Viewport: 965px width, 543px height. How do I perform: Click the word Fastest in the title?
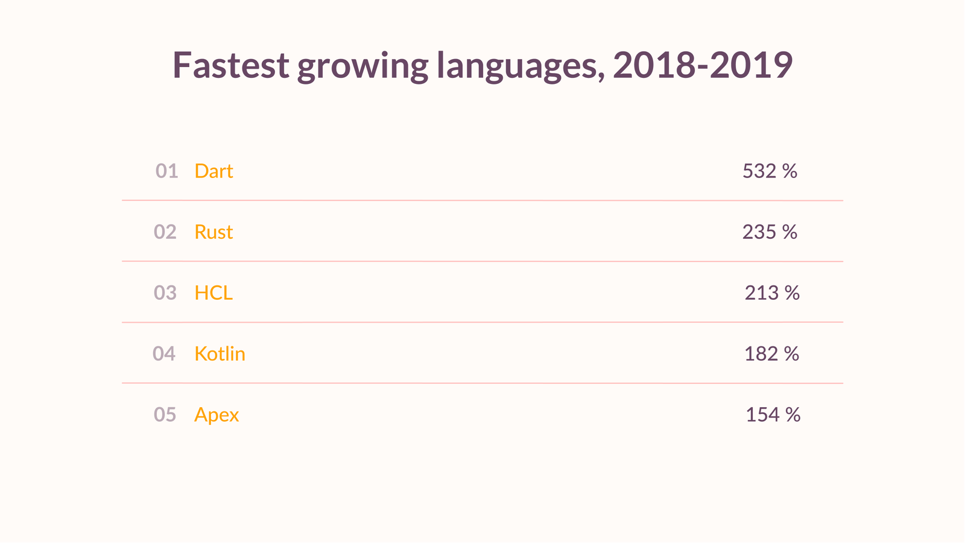pos(230,65)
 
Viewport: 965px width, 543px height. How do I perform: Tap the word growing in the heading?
pos(362,66)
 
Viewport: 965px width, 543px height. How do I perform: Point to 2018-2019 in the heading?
pos(703,65)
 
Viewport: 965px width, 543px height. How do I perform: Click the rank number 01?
pos(166,171)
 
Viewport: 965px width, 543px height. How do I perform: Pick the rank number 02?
pos(165,232)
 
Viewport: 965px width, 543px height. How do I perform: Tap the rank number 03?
pos(165,293)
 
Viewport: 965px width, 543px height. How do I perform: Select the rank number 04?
pos(164,354)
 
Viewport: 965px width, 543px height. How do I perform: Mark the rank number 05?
pos(165,415)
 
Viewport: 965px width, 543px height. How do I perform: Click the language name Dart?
pos(214,171)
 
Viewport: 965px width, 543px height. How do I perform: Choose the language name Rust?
pos(214,232)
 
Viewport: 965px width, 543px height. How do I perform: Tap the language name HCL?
pos(214,293)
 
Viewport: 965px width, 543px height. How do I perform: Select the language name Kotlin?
pos(220,354)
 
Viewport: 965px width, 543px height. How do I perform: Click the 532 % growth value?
pos(770,171)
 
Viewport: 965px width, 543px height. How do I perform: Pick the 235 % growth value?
pos(770,232)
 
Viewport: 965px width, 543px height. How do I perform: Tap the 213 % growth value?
pos(772,293)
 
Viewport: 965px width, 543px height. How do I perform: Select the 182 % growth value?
pos(771,354)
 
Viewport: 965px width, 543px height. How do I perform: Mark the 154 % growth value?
pos(773,415)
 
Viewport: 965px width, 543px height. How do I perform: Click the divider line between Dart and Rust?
pos(482,200)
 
